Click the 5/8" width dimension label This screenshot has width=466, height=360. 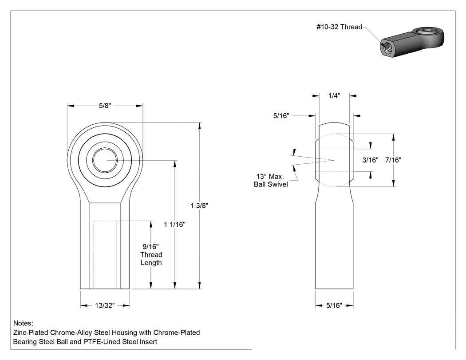pyautogui.click(x=105, y=106)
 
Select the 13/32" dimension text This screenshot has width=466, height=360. pyautogui.click(x=105, y=305)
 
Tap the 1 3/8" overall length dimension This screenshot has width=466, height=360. pyautogui.click(x=199, y=206)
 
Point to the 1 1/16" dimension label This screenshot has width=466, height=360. pyautogui.click(x=175, y=225)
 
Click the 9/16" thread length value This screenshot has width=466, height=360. pyautogui.click(x=151, y=246)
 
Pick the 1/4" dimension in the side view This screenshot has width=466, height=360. pyautogui.click(x=334, y=96)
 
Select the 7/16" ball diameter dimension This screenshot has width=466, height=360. pyautogui.click(x=394, y=160)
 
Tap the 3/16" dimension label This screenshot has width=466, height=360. pyautogui.click(x=370, y=160)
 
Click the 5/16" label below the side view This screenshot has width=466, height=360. pyautogui.click(x=334, y=305)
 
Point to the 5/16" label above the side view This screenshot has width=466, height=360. pyautogui.click(x=281, y=116)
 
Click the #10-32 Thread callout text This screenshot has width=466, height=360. pyautogui.click(x=340, y=27)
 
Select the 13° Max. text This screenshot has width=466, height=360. pyautogui.click(x=270, y=176)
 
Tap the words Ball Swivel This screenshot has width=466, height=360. pyautogui.click(x=271, y=184)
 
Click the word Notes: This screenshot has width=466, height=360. pyautogui.click(x=23, y=323)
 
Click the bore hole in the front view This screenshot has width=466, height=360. pyautogui.click(x=105, y=160)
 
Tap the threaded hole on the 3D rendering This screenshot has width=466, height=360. pyautogui.click(x=386, y=47)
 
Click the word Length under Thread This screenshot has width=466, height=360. pyautogui.click(x=151, y=263)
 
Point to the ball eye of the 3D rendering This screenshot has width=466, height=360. pyautogui.click(x=427, y=31)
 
